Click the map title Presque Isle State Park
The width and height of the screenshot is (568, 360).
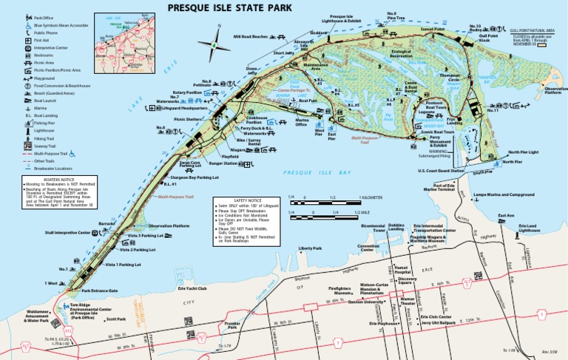pyautogui.click(x=229, y=8)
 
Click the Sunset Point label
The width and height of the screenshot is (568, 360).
pyautogui.click(x=432, y=30)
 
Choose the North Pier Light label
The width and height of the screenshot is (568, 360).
pyautogui.click(x=523, y=152)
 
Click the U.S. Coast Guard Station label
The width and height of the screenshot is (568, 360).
pyautogui.click(x=441, y=171)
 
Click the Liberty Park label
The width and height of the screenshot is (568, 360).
pyautogui.click(x=311, y=248)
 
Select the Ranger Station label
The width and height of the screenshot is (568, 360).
pyautogui.click(x=223, y=163)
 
